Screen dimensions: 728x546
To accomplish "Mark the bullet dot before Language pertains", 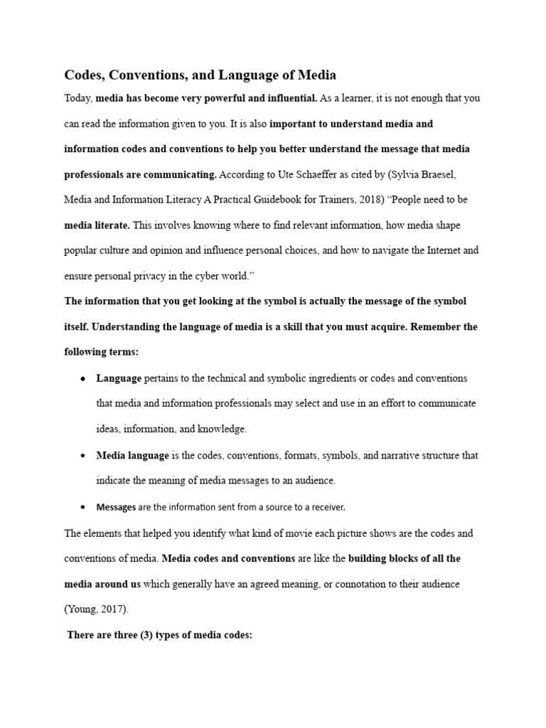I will click(x=82, y=378).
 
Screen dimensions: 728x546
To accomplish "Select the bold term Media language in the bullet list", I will click(x=132, y=455).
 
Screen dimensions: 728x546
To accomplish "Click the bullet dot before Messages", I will click(x=82, y=507).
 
